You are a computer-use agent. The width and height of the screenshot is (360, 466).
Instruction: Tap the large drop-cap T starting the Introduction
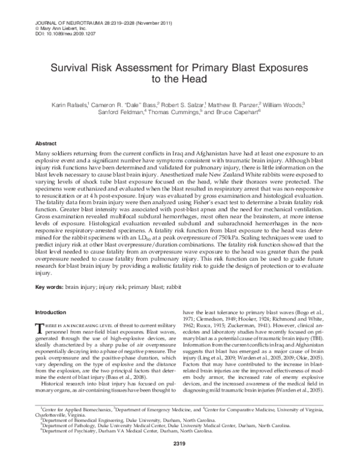pos(41,327)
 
